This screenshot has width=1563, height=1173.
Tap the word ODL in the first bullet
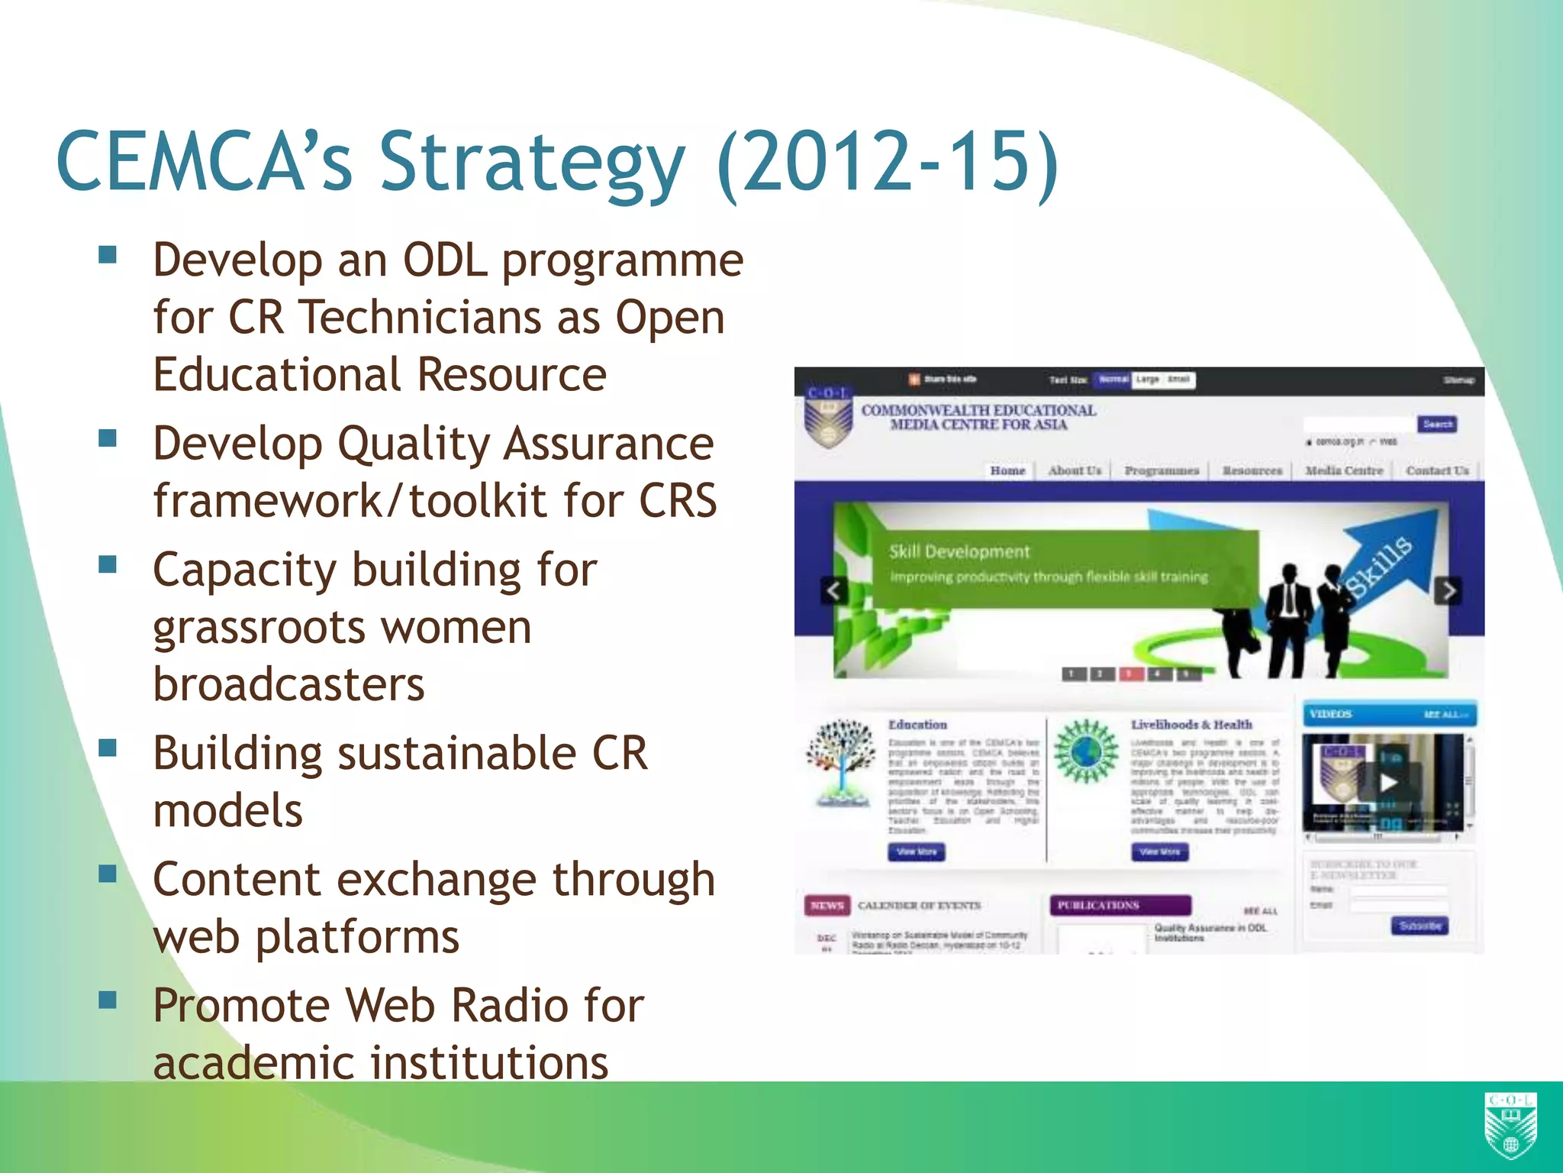[445, 260]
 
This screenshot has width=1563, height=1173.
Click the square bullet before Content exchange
[108, 873]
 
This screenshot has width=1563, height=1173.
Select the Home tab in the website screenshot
[1007, 470]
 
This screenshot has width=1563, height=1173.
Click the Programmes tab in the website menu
[1162, 470]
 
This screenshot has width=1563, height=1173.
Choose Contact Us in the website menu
[1437, 470]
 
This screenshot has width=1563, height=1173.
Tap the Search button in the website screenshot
[1438, 424]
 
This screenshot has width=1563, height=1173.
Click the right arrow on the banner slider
[1448, 590]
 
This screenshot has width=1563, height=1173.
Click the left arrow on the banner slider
[834, 590]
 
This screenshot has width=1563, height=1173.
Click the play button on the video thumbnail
[1387, 782]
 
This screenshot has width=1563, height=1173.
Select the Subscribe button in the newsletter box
[1420, 926]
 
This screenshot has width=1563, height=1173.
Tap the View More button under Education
[917, 851]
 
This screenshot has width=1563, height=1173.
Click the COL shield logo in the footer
[1510, 1125]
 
